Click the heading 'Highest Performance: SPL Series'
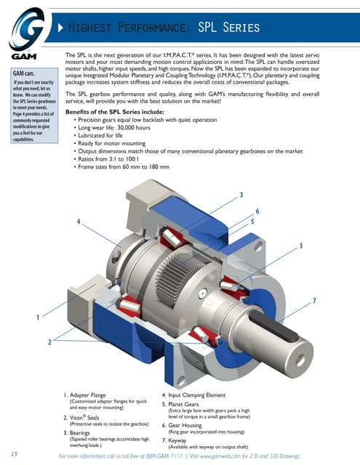[x=163, y=28]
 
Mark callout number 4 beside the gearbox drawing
[x=78, y=221]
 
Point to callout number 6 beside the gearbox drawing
[x=257, y=211]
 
